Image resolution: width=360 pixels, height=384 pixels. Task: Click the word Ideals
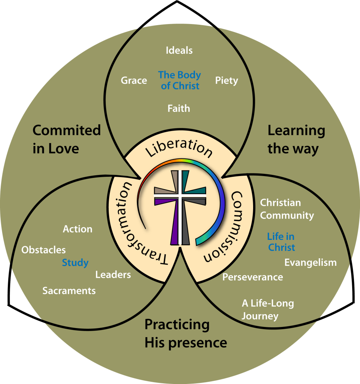pos(179,50)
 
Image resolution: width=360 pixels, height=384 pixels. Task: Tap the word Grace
pos(134,80)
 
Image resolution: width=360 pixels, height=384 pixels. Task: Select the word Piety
pos(226,80)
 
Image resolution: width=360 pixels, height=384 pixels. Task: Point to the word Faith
pos(179,108)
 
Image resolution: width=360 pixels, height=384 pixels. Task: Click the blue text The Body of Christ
pos(180,80)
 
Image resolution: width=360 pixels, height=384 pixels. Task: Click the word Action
pos(78,229)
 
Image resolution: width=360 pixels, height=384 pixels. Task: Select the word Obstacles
pos(43,250)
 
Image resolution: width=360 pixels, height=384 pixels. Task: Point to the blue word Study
pos(75,263)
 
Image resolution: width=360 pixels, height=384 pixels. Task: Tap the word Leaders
pos(113,275)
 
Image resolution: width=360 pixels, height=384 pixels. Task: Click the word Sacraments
pos(69,291)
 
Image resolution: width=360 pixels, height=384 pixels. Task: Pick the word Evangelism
pos(310,262)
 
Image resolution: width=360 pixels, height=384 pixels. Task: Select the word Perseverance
pos(253,277)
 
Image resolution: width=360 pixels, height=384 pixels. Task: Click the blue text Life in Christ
pos(281,242)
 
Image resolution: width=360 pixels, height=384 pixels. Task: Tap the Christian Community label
pos(287,209)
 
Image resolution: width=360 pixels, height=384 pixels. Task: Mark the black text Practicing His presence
pos(186,333)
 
